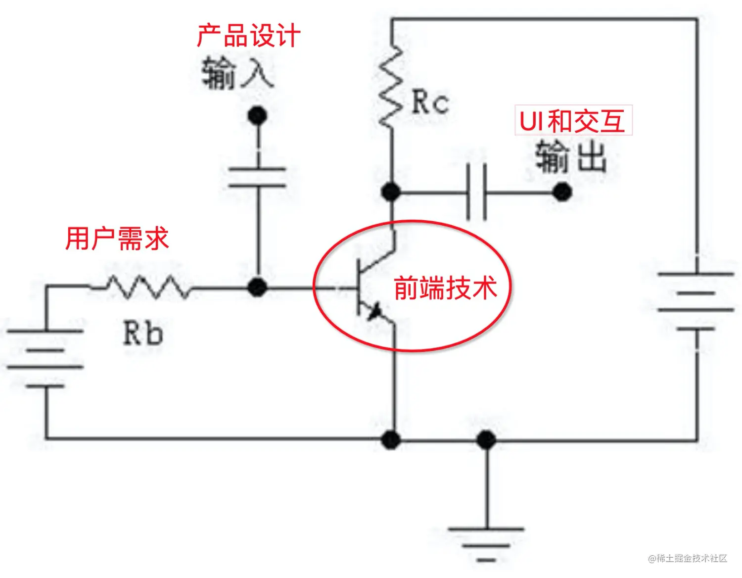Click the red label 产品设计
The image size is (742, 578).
coord(248,36)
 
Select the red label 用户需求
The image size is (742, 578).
coord(117,239)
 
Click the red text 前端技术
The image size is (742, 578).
coord(445,288)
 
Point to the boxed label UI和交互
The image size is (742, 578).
coord(573,120)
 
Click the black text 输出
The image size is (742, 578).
coord(571,156)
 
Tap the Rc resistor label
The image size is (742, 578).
coord(430,102)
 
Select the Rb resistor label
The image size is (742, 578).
coord(142,333)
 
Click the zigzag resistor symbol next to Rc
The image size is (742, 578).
coord(391,87)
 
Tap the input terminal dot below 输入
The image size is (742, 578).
coord(257,116)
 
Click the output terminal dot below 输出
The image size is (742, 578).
coord(562,192)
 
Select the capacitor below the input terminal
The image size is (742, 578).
coord(257,177)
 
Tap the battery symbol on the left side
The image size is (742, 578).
coord(46,358)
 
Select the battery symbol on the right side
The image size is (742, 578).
coord(696,301)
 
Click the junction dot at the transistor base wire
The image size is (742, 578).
coord(257,287)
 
